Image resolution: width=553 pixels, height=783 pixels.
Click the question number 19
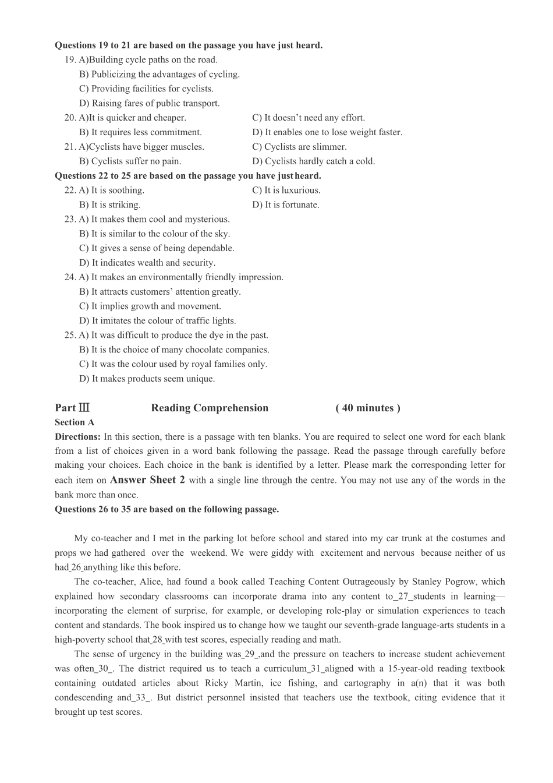tap(70, 60)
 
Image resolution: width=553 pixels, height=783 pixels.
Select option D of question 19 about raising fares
tap(150, 104)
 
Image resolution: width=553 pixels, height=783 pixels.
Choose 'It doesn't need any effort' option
tap(309, 118)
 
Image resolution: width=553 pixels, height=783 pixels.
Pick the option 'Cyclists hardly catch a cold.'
tap(313, 161)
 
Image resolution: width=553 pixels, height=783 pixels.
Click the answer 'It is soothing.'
tap(111, 191)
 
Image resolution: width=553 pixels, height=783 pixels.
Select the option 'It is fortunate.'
tap(286, 205)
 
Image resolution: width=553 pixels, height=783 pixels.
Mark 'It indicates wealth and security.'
tap(147, 263)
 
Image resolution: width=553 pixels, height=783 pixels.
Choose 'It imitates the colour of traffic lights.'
tap(158, 321)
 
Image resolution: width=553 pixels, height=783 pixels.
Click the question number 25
tap(70, 336)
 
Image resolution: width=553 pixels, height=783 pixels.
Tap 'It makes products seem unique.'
tap(147, 379)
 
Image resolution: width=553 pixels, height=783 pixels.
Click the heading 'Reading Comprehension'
tap(210, 408)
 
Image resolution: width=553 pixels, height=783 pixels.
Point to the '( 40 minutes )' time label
tap(368, 408)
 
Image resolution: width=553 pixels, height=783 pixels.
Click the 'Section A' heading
tap(75, 422)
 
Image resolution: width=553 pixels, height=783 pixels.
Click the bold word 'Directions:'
tap(77, 437)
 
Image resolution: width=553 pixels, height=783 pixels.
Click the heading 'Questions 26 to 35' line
tap(166, 509)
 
